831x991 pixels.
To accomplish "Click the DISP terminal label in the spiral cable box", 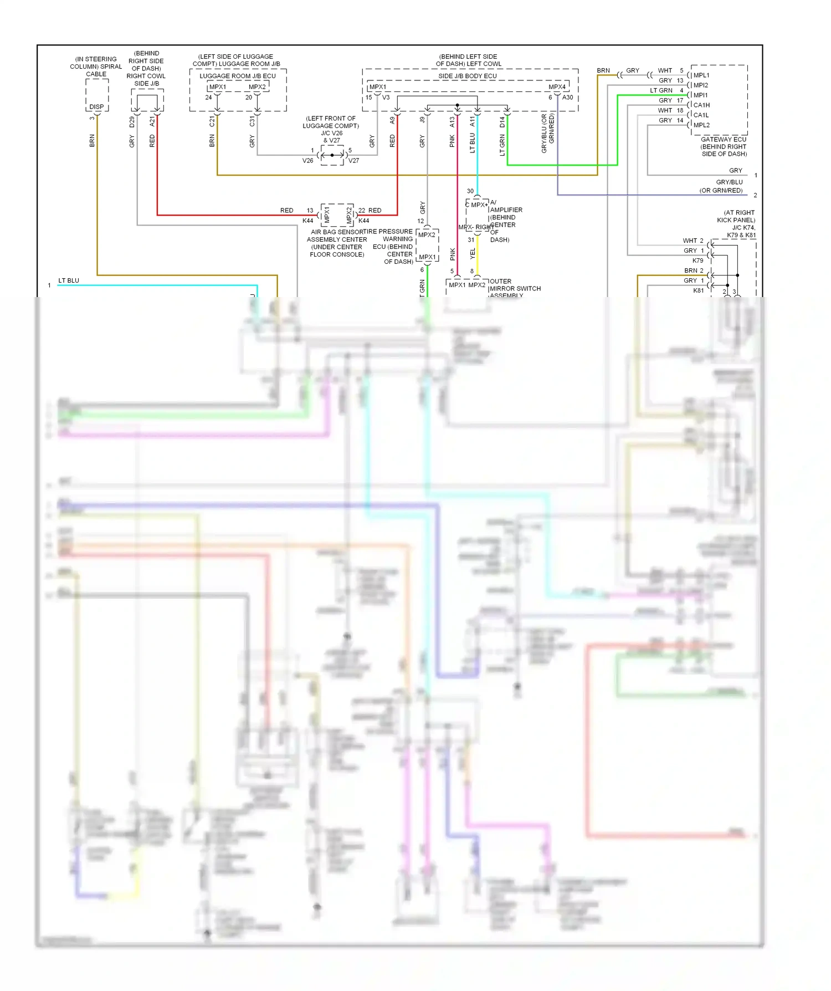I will coord(96,107).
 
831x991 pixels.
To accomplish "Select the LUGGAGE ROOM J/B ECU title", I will coord(238,76).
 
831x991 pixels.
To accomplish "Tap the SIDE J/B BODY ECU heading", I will coord(468,76).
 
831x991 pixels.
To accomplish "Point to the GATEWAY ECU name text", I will coord(724,140).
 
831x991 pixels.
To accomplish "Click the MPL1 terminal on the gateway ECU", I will coord(701,75).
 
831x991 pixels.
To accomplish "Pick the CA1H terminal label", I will coord(701,105).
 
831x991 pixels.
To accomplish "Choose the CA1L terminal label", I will coord(701,115).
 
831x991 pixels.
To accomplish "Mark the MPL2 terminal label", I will coord(701,125).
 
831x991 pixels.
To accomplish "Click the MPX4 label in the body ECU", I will coord(557,87).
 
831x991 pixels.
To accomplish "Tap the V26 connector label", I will coord(307,161).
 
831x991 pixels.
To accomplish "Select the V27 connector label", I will coord(353,161).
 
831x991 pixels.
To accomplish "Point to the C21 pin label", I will coord(212,121).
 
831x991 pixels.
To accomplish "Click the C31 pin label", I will coord(253,121).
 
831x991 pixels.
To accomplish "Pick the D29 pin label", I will coord(132,122).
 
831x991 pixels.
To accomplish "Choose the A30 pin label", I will coord(568,98).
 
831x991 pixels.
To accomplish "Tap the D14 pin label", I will coord(502,122).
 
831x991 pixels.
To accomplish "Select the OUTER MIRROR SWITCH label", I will coord(515,288).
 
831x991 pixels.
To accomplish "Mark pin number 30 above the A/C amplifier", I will coord(470,191).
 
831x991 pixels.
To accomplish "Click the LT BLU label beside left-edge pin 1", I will coord(69,281).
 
